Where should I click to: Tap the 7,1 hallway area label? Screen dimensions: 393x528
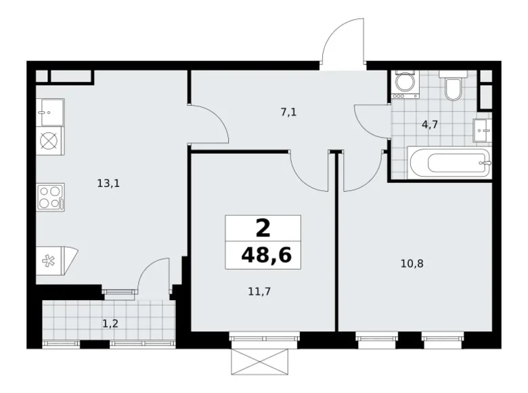pos(289,113)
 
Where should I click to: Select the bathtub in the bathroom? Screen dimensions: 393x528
pos(449,163)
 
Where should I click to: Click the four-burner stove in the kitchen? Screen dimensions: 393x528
pos(50,198)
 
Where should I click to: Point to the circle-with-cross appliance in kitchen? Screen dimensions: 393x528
pos(49,142)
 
